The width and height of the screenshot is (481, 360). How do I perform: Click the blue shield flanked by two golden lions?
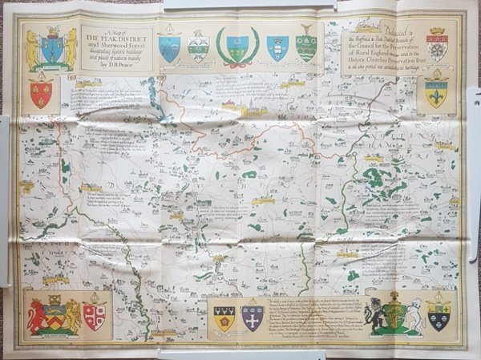[51, 51]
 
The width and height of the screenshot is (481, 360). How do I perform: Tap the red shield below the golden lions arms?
[41, 94]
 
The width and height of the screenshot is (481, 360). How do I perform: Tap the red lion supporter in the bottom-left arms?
[36, 318]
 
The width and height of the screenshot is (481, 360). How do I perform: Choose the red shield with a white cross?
[94, 315]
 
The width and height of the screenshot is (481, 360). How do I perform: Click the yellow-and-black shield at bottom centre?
[224, 318]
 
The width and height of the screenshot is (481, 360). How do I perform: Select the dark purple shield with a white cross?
[253, 318]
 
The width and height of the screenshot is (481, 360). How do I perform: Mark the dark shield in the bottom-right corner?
[439, 317]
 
